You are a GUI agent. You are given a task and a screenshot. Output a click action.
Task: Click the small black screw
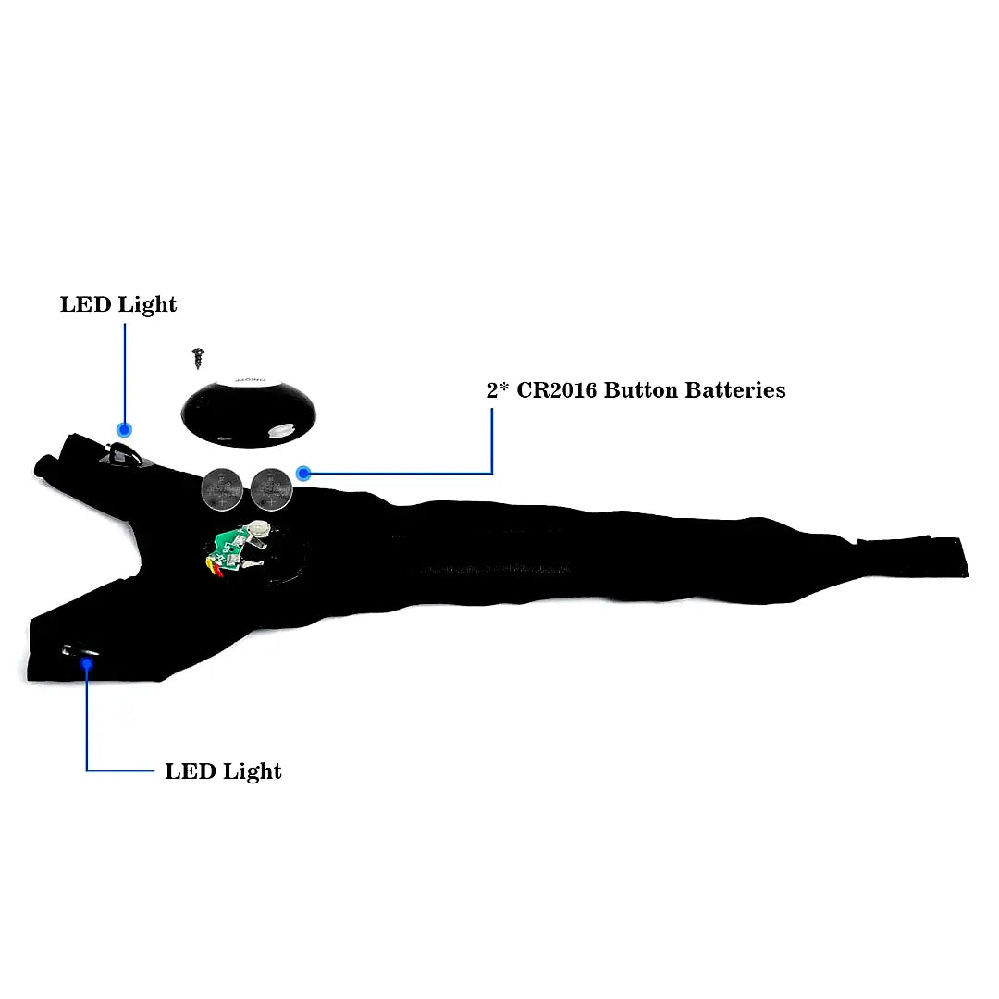click(198, 357)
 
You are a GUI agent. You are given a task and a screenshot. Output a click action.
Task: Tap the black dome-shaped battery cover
click(249, 413)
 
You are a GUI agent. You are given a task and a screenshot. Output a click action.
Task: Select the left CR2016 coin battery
click(222, 489)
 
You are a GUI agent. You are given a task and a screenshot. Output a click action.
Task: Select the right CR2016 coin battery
click(271, 489)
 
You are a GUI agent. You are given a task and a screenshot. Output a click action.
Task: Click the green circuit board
click(229, 549)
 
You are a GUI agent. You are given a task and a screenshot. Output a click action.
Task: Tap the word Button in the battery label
click(641, 390)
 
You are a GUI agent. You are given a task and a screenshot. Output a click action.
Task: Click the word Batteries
click(735, 390)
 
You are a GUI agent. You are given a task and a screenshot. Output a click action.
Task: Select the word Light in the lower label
click(253, 771)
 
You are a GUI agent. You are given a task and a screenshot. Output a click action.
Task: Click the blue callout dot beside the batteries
click(304, 474)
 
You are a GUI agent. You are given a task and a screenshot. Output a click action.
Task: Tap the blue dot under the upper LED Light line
click(124, 430)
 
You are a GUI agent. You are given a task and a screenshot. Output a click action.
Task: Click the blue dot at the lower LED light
click(87, 664)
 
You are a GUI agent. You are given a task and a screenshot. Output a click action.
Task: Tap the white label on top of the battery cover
click(249, 380)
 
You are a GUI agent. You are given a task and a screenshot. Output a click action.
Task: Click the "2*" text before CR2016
click(498, 389)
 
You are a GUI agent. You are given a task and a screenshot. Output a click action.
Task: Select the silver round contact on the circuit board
click(258, 528)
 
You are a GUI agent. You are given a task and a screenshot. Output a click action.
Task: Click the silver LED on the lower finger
click(80, 651)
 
